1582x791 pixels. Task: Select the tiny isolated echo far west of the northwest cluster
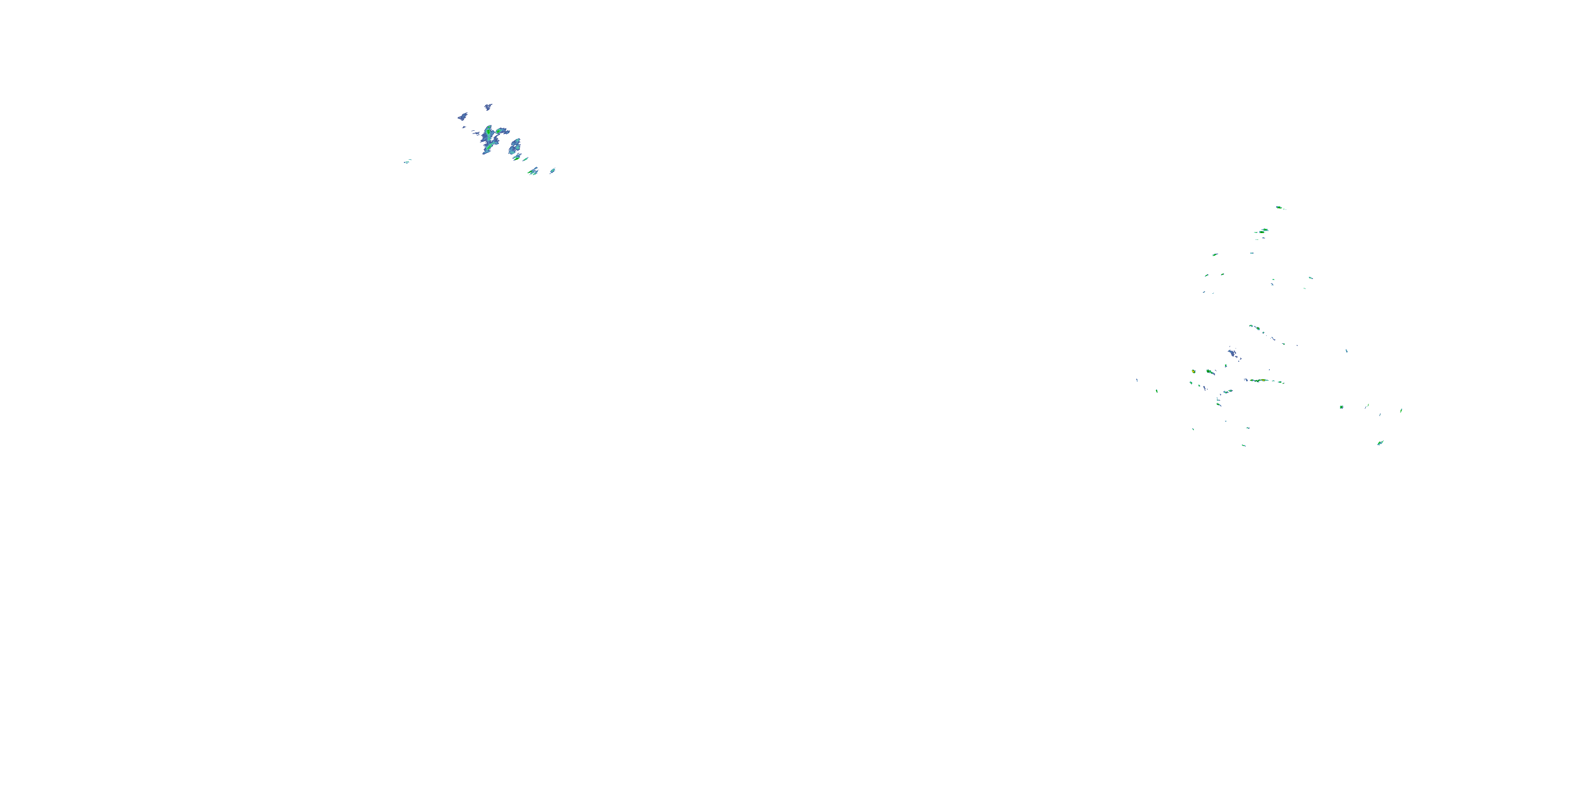[x=407, y=161]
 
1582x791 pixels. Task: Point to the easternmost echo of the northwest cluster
[x=553, y=171]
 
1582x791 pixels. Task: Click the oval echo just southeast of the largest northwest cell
[x=515, y=146]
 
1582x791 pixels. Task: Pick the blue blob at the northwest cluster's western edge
[x=462, y=116]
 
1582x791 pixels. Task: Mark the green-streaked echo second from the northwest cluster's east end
[x=533, y=171]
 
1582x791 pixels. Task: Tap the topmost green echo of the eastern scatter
[x=1279, y=208]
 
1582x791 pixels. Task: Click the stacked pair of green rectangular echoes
[x=1262, y=231]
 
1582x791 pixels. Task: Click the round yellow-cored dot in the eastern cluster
[x=1193, y=372]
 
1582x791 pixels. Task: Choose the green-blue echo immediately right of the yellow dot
[x=1210, y=372]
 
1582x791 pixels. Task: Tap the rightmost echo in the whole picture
[x=1401, y=410]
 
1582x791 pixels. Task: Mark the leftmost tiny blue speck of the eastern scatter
[x=1137, y=380]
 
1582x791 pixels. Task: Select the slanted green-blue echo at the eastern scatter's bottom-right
[x=1380, y=443]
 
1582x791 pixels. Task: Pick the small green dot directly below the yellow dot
[x=1191, y=383]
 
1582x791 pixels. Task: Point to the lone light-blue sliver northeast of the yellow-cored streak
[x=1347, y=351]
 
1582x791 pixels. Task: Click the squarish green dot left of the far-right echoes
[x=1341, y=407]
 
